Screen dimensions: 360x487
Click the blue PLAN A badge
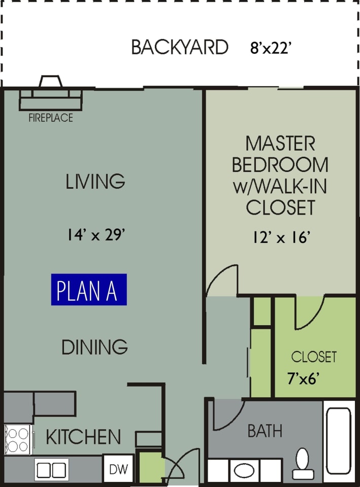coord(89,290)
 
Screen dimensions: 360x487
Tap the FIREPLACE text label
coord(51,118)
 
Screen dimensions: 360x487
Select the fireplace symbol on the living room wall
coord(51,93)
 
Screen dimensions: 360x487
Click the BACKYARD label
coord(180,47)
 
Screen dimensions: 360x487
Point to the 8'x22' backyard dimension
coord(271,48)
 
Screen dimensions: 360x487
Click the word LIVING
coord(95,181)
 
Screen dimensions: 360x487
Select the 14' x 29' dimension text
coord(96,234)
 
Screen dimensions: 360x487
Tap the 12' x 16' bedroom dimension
coord(281,237)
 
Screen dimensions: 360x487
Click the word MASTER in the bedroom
coord(280,143)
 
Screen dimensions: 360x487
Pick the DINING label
coord(94,347)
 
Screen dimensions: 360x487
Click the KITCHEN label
coord(83,436)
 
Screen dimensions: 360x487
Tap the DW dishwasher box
coord(118,469)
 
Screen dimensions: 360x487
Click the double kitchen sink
coord(52,470)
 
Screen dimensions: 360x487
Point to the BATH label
coord(265,431)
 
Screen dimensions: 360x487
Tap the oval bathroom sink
coord(244,471)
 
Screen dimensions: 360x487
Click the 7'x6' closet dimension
coord(304,379)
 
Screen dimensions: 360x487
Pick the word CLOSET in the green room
coord(314,357)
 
